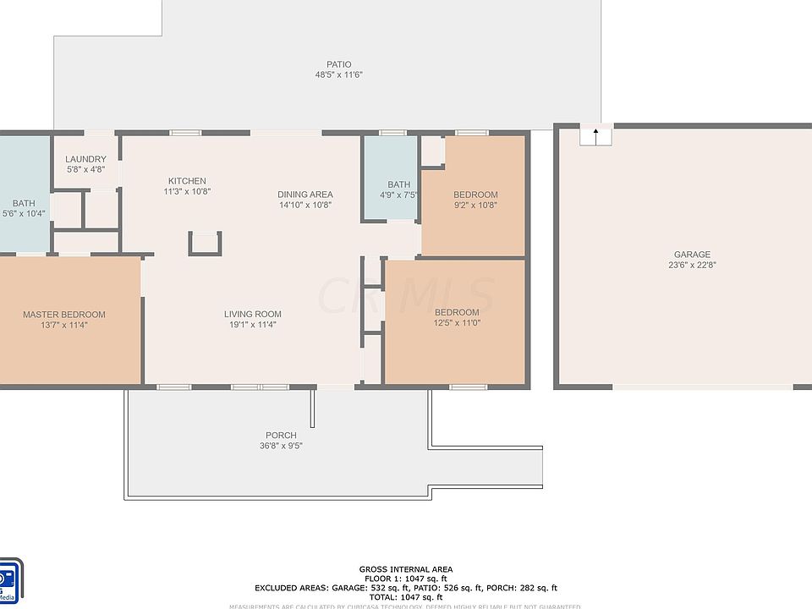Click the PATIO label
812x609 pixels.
point(339,64)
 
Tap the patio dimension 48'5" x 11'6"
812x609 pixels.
point(339,75)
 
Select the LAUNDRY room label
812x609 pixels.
point(86,159)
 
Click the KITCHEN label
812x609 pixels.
point(187,181)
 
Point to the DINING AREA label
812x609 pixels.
point(305,194)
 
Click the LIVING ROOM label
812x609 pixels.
point(252,314)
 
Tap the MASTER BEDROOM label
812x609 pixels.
point(64,315)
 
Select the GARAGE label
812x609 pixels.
point(692,255)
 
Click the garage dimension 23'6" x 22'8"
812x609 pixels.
point(692,266)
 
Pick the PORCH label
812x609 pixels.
point(281,436)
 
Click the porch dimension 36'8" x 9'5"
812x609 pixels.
point(281,446)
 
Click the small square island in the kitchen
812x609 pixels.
point(206,243)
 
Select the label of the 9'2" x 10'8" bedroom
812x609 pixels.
point(475,195)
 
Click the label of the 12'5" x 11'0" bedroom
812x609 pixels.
point(457,311)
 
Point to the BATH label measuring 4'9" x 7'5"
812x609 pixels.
point(399,184)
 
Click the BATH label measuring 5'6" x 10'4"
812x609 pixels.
point(23,203)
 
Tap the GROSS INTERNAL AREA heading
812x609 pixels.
point(405,569)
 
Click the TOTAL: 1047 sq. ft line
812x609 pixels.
point(405,597)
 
